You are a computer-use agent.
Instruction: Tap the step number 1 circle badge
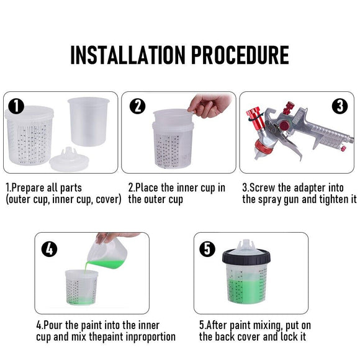[16, 106]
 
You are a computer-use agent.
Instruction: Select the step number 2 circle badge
[137, 106]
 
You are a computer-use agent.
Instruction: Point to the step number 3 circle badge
[340, 106]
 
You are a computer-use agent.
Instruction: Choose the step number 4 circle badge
[49, 250]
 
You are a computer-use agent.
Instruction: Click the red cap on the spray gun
[254, 115]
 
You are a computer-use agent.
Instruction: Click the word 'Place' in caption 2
[150, 187]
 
